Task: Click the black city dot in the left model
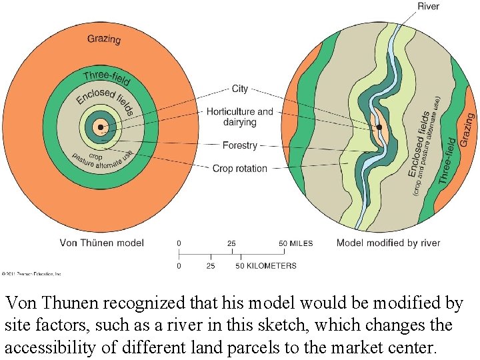click(x=100, y=127)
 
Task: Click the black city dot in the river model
click(x=379, y=127)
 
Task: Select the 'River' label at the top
click(x=428, y=7)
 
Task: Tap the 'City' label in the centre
click(x=239, y=89)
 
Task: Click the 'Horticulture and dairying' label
click(x=239, y=117)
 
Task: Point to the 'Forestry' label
click(x=239, y=145)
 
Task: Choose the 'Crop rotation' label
click(x=239, y=169)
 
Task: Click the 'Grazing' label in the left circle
click(x=104, y=39)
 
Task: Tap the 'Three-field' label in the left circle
click(x=107, y=78)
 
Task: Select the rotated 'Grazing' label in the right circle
click(x=465, y=130)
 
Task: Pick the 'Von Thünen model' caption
click(x=101, y=243)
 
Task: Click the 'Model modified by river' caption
click(x=388, y=243)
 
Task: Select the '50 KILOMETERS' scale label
click(x=265, y=266)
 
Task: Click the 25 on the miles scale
click(x=231, y=243)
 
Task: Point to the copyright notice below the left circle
click(x=31, y=273)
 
